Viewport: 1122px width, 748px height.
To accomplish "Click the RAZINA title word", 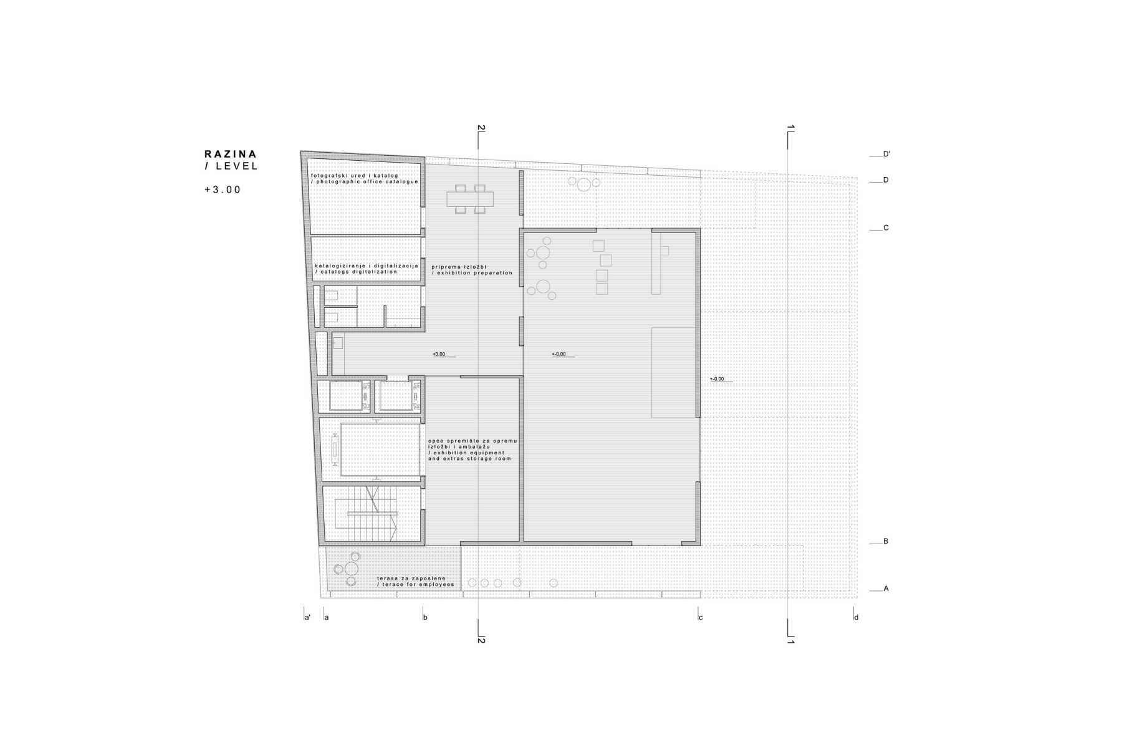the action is [x=231, y=154].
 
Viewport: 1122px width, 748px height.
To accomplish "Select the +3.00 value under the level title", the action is [x=223, y=189].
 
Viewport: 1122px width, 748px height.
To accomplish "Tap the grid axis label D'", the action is [x=886, y=154].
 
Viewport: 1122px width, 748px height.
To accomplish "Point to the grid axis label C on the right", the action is [x=886, y=228].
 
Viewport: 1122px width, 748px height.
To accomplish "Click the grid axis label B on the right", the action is [x=886, y=542].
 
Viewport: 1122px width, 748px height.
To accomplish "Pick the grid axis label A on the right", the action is [x=886, y=588].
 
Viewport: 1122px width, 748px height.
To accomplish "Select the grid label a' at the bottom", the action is [x=307, y=618].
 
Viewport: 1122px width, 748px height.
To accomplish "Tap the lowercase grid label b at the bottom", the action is [x=425, y=618].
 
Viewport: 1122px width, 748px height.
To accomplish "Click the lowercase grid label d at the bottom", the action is [x=856, y=618].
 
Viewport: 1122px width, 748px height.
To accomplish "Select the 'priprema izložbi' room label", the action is [x=459, y=267].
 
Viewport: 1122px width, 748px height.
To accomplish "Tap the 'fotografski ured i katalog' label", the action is [x=354, y=176].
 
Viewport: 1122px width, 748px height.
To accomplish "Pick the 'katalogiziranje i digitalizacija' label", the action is [x=367, y=266].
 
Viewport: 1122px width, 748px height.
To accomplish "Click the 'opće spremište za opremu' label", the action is [x=472, y=441].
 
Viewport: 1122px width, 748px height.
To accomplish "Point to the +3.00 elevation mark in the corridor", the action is [x=439, y=354].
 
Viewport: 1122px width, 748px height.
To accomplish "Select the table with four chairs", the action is [x=470, y=199].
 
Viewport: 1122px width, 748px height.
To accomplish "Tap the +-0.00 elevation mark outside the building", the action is [x=717, y=379].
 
